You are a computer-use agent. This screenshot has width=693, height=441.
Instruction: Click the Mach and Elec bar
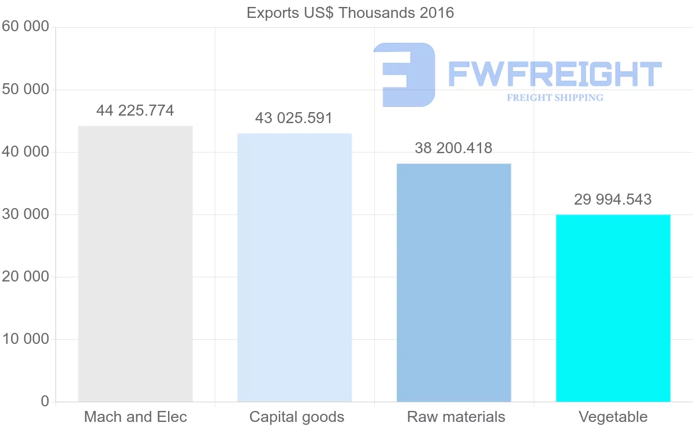(x=135, y=264)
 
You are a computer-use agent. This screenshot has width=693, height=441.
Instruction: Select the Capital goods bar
(x=295, y=267)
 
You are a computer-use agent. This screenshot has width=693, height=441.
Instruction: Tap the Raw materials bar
(x=454, y=282)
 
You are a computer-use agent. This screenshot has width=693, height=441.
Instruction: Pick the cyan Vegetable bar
(x=613, y=307)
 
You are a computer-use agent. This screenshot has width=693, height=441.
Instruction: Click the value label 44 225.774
(x=135, y=110)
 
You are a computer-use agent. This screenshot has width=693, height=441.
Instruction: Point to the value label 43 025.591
(x=294, y=118)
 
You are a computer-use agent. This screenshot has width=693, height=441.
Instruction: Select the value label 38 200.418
(x=453, y=149)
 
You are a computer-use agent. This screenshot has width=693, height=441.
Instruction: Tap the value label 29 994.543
(x=613, y=200)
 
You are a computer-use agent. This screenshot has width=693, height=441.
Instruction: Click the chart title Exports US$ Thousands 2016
(x=351, y=13)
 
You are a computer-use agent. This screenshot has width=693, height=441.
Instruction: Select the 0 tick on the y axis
(x=45, y=402)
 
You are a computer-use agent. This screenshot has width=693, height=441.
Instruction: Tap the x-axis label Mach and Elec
(x=136, y=417)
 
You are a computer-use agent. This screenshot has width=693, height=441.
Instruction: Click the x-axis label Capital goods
(x=297, y=417)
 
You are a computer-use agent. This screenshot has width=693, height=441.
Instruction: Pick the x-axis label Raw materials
(x=456, y=417)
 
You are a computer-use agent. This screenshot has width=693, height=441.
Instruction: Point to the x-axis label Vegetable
(x=613, y=417)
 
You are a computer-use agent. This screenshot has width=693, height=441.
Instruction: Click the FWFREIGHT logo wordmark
(x=554, y=75)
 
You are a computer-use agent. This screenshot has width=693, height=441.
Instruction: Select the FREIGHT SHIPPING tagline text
(x=555, y=98)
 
